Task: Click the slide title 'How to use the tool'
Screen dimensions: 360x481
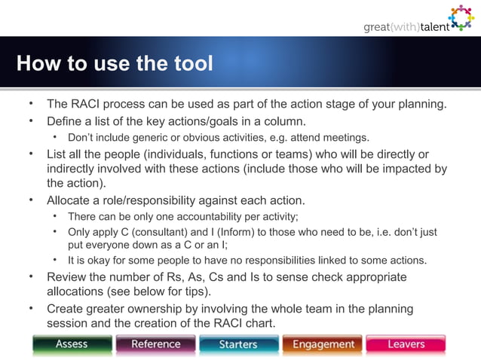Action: (115, 64)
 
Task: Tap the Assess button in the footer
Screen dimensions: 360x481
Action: (72, 344)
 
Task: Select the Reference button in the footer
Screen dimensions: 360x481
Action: (156, 344)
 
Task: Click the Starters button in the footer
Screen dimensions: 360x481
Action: (239, 344)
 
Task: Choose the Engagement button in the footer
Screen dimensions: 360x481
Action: (323, 344)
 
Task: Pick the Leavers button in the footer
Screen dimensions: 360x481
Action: (406, 344)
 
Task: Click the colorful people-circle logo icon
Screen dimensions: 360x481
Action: (461, 18)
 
